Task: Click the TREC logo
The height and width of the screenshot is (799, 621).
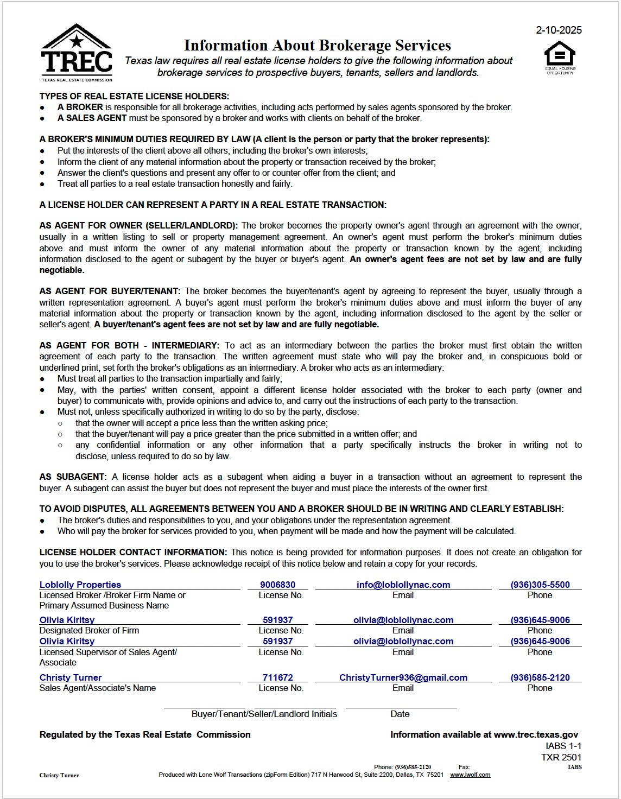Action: (x=77, y=53)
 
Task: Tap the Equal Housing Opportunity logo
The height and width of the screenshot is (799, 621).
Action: (x=560, y=57)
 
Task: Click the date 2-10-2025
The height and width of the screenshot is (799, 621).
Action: (x=559, y=30)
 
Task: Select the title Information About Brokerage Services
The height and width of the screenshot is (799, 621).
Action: (x=317, y=45)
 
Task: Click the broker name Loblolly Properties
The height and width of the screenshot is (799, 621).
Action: (x=80, y=585)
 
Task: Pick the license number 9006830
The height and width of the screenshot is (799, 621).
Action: (x=277, y=585)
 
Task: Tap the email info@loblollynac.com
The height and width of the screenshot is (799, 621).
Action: (x=403, y=585)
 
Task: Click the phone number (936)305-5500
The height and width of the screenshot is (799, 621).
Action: (x=540, y=585)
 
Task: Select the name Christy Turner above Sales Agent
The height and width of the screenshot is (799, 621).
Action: (x=71, y=677)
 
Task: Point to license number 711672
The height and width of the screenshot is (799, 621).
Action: (x=277, y=677)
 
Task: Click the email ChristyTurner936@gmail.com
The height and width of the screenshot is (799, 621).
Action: (x=403, y=677)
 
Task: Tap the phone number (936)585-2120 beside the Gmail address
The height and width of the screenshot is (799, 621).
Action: (x=540, y=677)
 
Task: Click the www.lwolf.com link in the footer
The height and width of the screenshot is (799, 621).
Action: (x=470, y=775)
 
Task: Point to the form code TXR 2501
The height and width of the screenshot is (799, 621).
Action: (x=561, y=757)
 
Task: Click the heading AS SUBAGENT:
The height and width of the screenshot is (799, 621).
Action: (x=73, y=477)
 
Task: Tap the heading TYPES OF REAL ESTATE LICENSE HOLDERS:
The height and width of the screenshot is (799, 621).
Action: (x=134, y=96)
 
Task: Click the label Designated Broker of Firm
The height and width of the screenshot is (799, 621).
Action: (x=89, y=630)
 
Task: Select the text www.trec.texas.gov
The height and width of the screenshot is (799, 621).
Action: (x=536, y=734)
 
